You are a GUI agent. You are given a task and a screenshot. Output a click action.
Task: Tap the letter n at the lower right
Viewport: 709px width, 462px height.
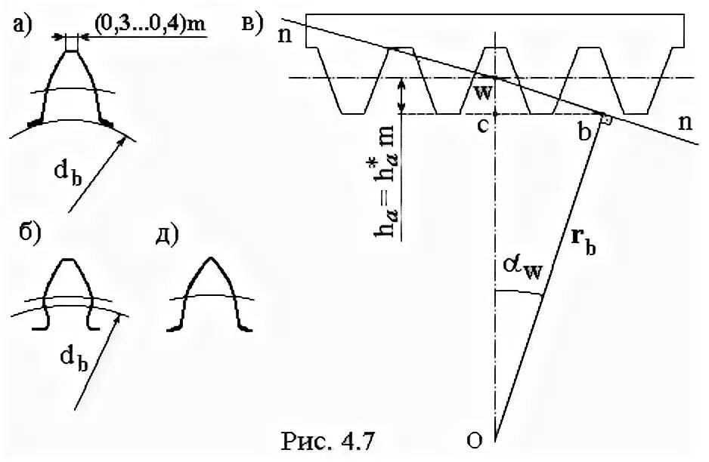[x=686, y=125]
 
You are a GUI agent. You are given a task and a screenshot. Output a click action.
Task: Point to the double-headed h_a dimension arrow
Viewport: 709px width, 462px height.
[x=402, y=95]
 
